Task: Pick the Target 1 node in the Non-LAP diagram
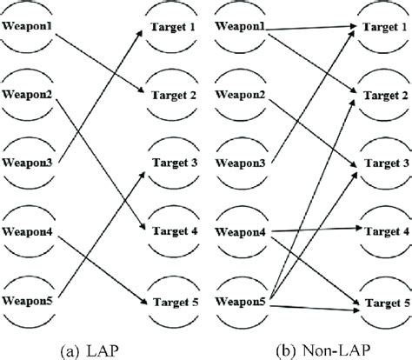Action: (382, 28)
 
